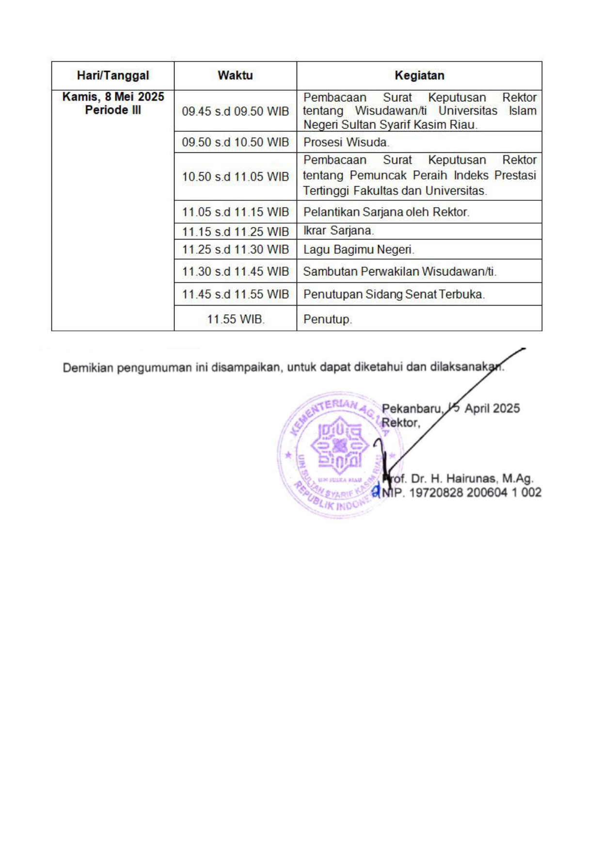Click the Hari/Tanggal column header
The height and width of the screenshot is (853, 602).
click(x=113, y=76)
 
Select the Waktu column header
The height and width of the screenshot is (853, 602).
click(x=235, y=76)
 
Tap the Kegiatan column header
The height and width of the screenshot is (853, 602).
click(x=419, y=76)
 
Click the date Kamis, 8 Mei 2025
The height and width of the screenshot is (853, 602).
click(x=113, y=97)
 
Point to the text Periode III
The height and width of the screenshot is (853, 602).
click(x=113, y=110)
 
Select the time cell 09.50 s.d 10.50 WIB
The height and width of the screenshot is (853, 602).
click(x=235, y=142)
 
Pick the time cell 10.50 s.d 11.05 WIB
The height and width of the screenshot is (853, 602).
click(x=235, y=177)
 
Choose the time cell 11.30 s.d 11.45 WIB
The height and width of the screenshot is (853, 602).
click(x=235, y=272)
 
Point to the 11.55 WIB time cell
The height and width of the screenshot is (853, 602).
click(x=235, y=319)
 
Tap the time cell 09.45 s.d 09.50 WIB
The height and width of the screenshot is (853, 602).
click(x=235, y=111)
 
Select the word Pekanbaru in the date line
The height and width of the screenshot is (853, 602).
click(x=412, y=409)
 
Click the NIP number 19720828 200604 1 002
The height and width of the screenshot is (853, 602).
click(x=475, y=493)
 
